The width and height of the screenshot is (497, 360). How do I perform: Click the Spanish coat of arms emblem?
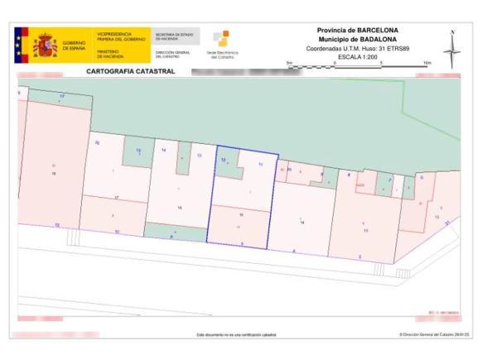point(43,45)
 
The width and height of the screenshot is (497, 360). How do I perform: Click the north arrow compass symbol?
point(451,50)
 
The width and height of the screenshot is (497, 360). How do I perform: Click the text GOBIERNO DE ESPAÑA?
point(74,45)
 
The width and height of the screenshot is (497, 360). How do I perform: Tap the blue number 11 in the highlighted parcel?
point(260,165)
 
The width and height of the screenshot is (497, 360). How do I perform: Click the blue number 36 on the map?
point(98,144)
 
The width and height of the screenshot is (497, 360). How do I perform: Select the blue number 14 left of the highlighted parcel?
point(164,150)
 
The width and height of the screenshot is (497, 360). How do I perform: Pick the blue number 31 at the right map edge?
point(447,223)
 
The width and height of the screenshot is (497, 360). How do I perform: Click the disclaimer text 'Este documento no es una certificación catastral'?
point(236,335)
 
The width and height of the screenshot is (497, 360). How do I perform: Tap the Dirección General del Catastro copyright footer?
point(434,335)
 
